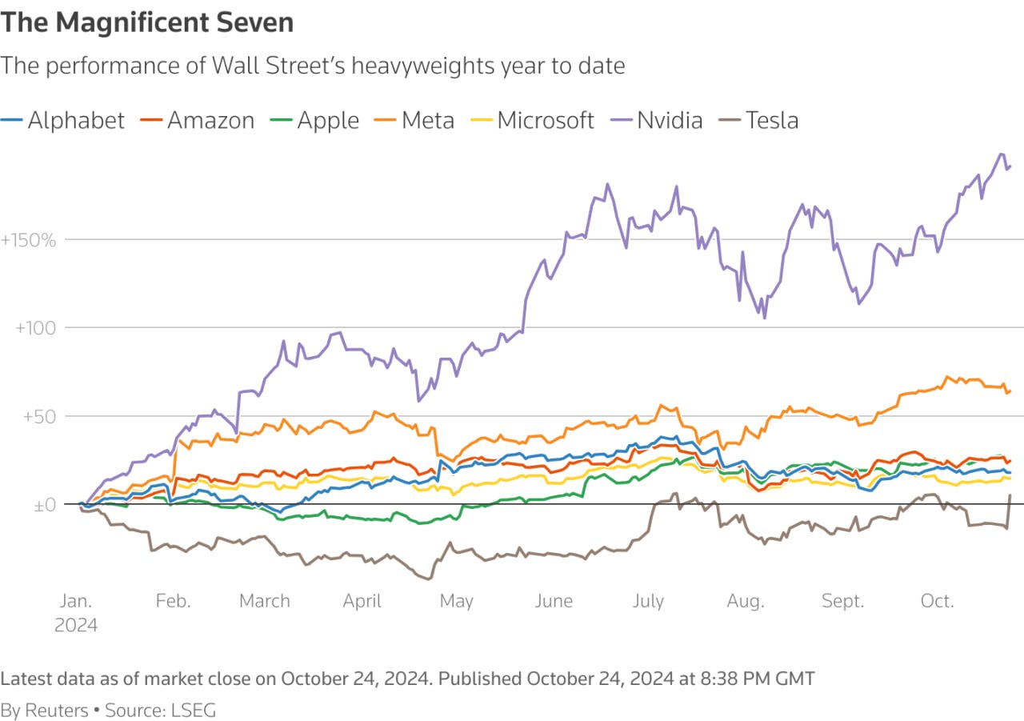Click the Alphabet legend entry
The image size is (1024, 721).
click(62, 121)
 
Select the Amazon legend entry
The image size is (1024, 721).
click(198, 121)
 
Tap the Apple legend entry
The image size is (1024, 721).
click(315, 121)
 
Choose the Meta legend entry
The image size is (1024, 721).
click(414, 121)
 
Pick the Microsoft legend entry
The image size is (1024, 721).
click(533, 121)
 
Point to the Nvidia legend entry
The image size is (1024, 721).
click(657, 121)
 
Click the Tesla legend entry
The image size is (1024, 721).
click(759, 121)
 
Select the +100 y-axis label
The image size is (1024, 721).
click(36, 328)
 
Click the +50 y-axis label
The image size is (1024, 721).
click(39, 417)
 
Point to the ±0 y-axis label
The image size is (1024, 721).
click(45, 506)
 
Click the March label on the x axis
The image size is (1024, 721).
click(265, 601)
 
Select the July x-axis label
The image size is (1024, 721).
click(648, 602)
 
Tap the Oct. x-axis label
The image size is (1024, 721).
click(938, 601)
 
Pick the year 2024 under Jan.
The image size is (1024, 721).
click(76, 626)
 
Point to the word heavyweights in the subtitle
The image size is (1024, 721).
click(423, 66)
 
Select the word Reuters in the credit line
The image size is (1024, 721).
click(56, 711)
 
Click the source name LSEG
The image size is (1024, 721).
click(193, 711)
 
